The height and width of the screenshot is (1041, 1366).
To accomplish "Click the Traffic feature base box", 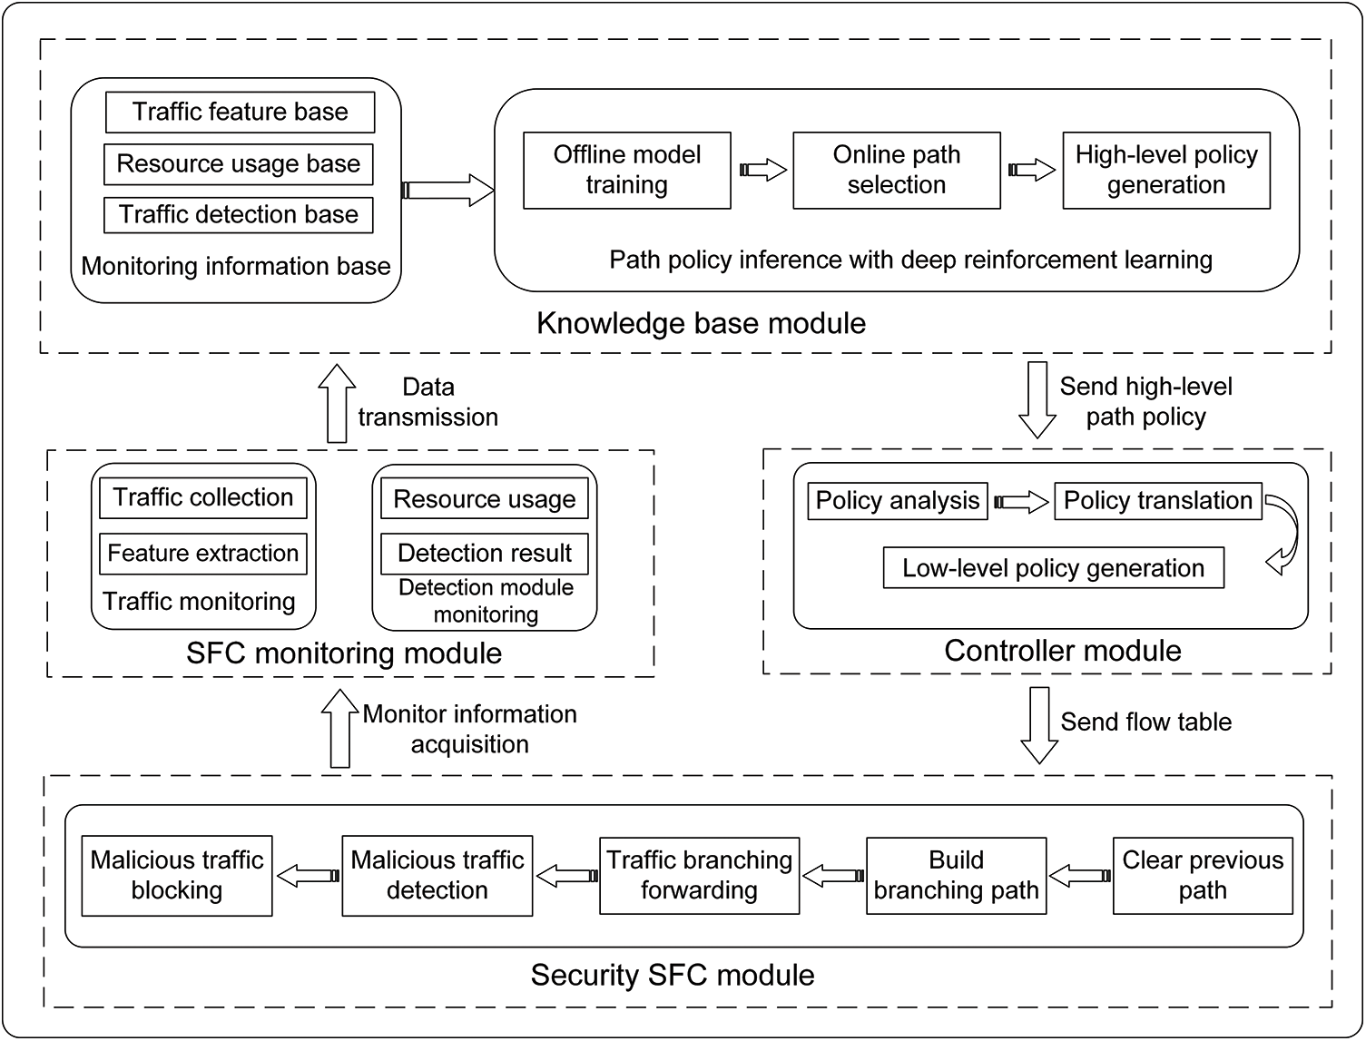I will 240,112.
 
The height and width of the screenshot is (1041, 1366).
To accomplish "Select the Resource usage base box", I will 239,163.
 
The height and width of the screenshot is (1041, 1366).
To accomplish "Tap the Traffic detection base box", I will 239,215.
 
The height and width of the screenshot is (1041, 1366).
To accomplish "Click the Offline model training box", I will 627,170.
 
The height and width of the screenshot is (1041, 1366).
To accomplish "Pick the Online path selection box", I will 897,170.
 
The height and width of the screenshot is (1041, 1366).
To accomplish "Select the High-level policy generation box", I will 1166,170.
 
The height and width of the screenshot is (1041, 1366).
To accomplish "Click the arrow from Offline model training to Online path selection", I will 763,170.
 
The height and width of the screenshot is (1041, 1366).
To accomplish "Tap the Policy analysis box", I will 898,501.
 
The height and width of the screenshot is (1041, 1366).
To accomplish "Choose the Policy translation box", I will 1157,501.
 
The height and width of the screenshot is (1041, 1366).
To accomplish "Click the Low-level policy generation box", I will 1053,568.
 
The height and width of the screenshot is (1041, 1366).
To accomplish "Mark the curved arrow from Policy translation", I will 1286,535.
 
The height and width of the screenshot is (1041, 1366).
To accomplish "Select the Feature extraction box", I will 203,554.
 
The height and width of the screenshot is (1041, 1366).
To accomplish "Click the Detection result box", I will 485,554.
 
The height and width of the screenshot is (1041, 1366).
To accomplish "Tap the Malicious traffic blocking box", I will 177,875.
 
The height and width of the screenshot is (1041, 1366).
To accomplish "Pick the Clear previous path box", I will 1203,875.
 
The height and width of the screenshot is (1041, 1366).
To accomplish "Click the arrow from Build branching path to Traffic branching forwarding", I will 833,876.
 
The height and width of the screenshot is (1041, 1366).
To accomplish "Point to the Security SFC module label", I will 673,976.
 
